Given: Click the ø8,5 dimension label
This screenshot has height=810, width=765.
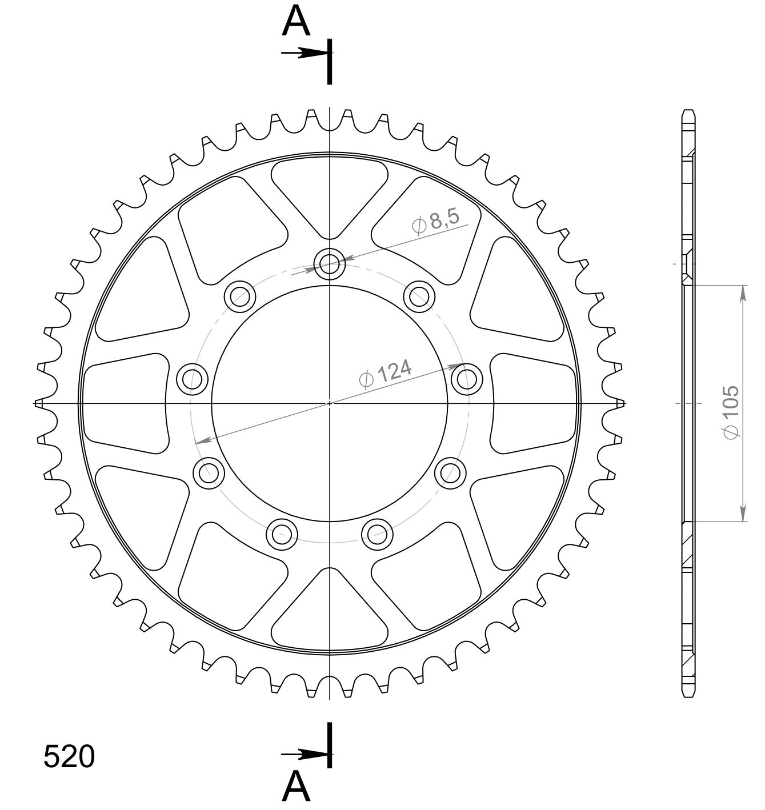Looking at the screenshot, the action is tap(436, 222).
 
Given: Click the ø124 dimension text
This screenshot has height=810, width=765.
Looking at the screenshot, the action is tap(385, 374).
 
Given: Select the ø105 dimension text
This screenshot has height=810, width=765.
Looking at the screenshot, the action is tap(730, 412).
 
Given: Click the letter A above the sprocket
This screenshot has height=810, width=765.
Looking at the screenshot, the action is tap(296, 21).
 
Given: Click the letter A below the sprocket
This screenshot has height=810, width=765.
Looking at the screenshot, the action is tap(296, 787).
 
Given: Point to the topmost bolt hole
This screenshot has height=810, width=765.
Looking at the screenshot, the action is tap(329, 264).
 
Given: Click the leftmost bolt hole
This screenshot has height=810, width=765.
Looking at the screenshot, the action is tap(192, 379).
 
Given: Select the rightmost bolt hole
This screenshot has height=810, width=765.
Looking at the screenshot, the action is tap(467, 379).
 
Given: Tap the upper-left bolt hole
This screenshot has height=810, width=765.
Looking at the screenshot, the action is tap(240, 296).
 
